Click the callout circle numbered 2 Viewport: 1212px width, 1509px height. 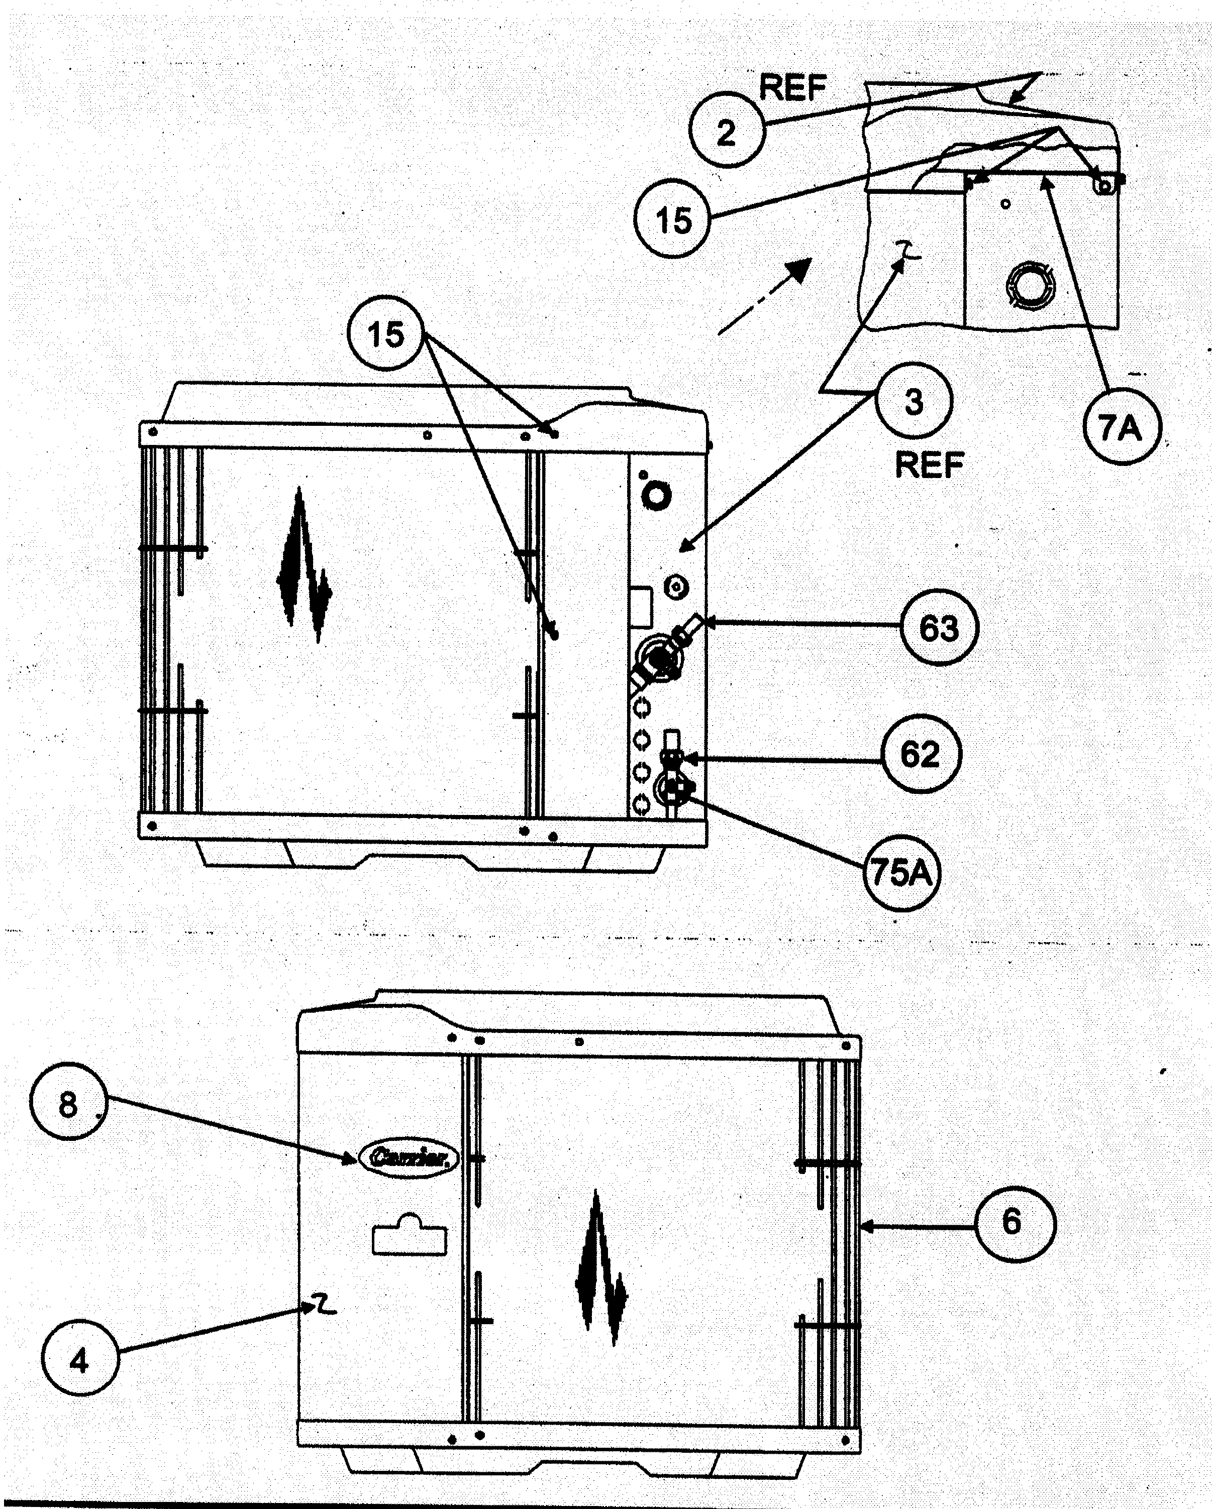tap(726, 131)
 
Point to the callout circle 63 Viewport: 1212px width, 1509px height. tap(938, 627)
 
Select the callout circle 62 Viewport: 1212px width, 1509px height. tap(920, 754)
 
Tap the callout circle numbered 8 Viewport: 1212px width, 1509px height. tap(67, 1106)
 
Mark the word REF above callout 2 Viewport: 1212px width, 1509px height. tap(792, 89)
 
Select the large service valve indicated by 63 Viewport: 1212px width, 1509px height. tap(658, 658)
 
